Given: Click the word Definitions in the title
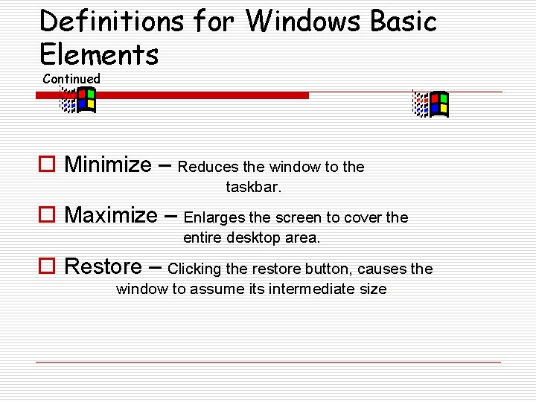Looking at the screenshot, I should click(111, 21).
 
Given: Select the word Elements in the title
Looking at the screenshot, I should click(99, 54).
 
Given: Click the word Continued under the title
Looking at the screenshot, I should click(71, 78).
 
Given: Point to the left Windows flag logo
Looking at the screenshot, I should click(78, 100).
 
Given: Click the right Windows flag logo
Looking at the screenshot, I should click(431, 104).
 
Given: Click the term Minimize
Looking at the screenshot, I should click(108, 165).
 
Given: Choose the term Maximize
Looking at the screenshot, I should click(111, 216).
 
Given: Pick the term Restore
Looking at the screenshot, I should click(103, 267).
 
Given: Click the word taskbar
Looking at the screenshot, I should click(254, 188).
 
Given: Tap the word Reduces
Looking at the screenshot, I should click(208, 167).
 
